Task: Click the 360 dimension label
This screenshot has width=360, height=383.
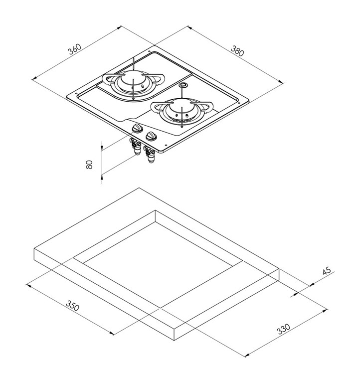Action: [74, 49]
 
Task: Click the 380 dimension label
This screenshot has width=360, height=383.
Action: [237, 51]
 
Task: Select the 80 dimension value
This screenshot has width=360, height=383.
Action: [89, 165]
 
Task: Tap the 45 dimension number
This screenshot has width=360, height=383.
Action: [326, 271]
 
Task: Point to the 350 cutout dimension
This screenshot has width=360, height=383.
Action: [72, 305]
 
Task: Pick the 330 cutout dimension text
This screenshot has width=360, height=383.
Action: [284, 329]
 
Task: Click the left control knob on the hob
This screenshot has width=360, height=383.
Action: [137, 128]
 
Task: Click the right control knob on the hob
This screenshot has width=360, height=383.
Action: [152, 136]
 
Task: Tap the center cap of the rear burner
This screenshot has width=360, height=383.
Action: [133, 77]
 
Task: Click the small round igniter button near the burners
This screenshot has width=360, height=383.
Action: [183, 85]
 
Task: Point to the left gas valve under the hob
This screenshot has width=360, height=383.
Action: [136, 146]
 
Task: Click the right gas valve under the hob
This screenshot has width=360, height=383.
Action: [150, 154]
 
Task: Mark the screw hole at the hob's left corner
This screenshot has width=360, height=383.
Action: [76, 93]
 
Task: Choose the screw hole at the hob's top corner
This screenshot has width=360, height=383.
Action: [149, 51]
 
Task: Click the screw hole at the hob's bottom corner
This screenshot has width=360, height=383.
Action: [166, 145]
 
